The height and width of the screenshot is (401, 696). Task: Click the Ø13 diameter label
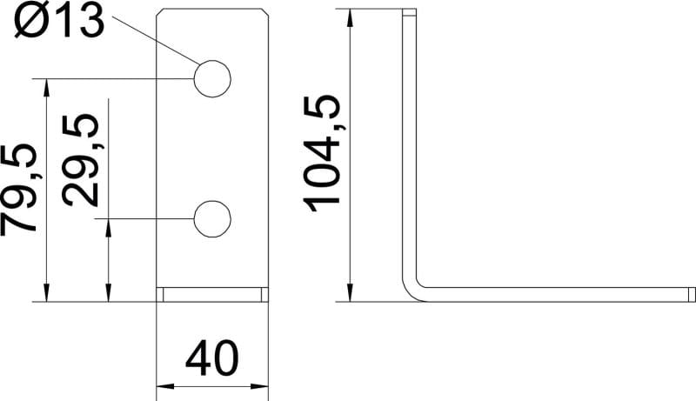tap(59, 21)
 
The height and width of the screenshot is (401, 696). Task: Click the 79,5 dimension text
tap(18, 190)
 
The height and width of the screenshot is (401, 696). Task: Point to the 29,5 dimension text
tap(80, 161)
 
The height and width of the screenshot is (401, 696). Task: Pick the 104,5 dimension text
tap(321, 153)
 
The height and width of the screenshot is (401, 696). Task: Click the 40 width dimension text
tap(211, 358)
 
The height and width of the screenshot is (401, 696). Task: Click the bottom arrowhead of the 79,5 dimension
tap(46, 293)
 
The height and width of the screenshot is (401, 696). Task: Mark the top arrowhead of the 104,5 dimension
tap(351, 17)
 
